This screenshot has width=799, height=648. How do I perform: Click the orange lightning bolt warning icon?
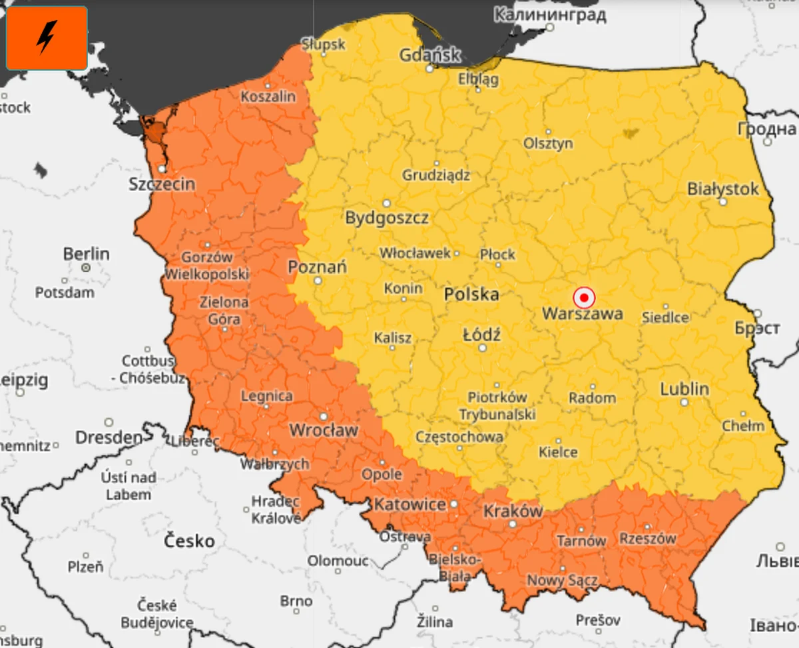pyautogui.click(x=47, y=38)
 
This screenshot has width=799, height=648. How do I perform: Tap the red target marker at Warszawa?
pyautogui.click(x=584, y=297)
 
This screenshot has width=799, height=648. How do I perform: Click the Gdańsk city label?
pyautogui.click(x=429, y=55)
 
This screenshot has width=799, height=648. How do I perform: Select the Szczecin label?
pyautogui.click(x=162, y=184)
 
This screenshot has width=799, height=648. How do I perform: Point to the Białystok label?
pyautogui.click(x=722, y=189)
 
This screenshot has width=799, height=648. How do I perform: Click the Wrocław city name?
pyautogui.click(x=324, y=430)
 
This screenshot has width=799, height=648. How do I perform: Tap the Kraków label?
pyautogui.click(x=513, y=511)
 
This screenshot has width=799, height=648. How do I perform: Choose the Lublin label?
pyautogui.click(x=684, y=389)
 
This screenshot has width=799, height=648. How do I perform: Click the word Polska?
pyautogui.click(x=471, y=294)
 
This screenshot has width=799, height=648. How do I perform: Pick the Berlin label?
pyautogui.click(x=86, y=254)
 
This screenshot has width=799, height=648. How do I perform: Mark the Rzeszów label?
pyautogui.click(x=647, y=538)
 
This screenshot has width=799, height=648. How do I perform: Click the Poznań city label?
pyautogui.click(x=317, y=267)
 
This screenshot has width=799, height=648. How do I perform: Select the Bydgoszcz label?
pyautogui.click(x=386, y=218)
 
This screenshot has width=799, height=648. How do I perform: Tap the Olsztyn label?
pyautogui.click(x=548, y=143)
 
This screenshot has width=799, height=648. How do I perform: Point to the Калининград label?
pyautogui.click(x=550, y=15)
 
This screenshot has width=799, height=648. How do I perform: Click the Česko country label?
pyautogui.click(x=190, y=539)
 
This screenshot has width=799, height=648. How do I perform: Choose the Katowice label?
pyautogui.click(x=409, y=504)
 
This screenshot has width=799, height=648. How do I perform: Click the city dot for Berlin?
pyautogui.click(x=86, y=268)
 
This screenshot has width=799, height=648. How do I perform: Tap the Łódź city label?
pyautogui.click(x=481, y=334)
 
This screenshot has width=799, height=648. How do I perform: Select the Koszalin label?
pyautogui.click(x=268, y=97)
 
